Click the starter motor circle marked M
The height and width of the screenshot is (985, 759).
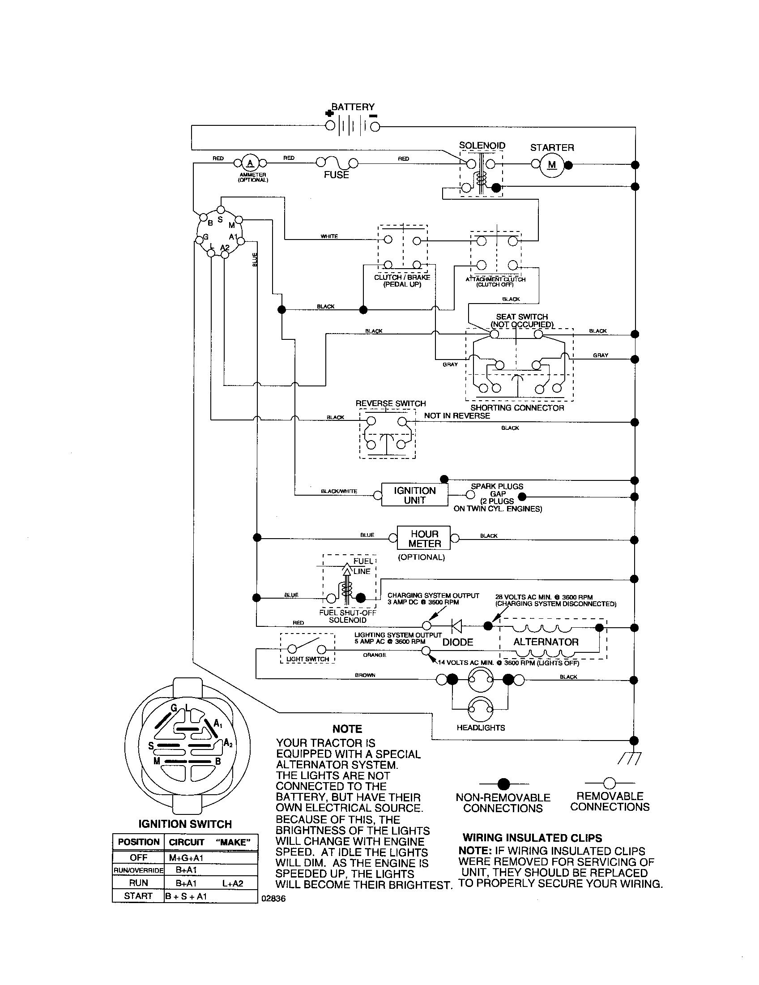point(552,165)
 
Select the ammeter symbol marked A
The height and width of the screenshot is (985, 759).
point(250,163)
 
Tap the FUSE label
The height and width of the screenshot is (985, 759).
point(336,175)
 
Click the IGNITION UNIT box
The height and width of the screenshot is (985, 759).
point(415,495)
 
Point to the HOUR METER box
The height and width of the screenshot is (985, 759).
point(424,539)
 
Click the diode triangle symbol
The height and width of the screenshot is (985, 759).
point(456,625)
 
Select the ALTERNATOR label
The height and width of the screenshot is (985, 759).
point(546,642)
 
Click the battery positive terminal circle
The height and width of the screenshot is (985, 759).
point(330,126)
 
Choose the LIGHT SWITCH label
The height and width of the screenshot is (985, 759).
point(308,659)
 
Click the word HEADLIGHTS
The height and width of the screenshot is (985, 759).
point(481,728)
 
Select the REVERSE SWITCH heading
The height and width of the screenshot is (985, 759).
point(390,403)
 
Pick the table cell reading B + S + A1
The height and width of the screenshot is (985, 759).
point(186,896)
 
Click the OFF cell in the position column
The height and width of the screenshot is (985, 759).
point(138,857)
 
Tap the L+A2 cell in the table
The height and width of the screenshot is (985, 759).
point(233,883)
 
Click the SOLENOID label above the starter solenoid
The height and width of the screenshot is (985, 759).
point(482,146)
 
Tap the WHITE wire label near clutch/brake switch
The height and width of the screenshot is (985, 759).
point(329,236)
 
